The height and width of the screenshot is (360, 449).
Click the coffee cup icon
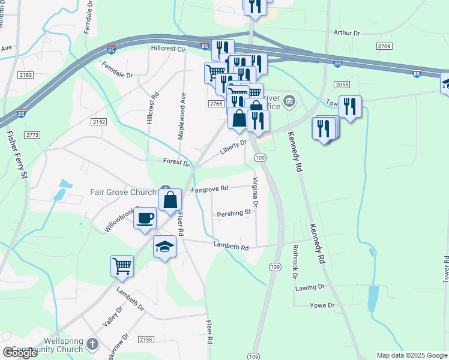tap(145, 218)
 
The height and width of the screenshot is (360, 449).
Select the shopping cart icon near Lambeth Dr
tap(122, 265)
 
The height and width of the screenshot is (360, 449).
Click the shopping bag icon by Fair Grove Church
tap(170, 200)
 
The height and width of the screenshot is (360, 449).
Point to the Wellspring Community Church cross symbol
tap(92, 344)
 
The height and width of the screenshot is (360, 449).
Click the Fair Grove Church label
tap(123, 193)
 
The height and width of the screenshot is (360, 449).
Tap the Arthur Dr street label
tap(346, 34)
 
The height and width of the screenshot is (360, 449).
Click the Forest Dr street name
tap(176, 163)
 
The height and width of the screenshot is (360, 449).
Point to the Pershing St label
tap(234, 213)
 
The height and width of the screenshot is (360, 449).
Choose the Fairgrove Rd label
tap(209, 188)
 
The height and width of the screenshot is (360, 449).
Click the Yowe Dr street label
tap(322, 305)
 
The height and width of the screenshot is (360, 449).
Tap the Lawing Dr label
tap(309, 287)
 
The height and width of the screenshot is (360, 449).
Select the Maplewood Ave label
tap(181, 116)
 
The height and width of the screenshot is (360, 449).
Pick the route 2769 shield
tap(384, 46)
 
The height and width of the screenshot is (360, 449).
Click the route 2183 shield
tap(26, 74)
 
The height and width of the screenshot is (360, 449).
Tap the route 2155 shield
tap(146, 340)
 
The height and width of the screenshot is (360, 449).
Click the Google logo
tap(19, 353)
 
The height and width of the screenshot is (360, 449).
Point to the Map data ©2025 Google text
tap(411, 355)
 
